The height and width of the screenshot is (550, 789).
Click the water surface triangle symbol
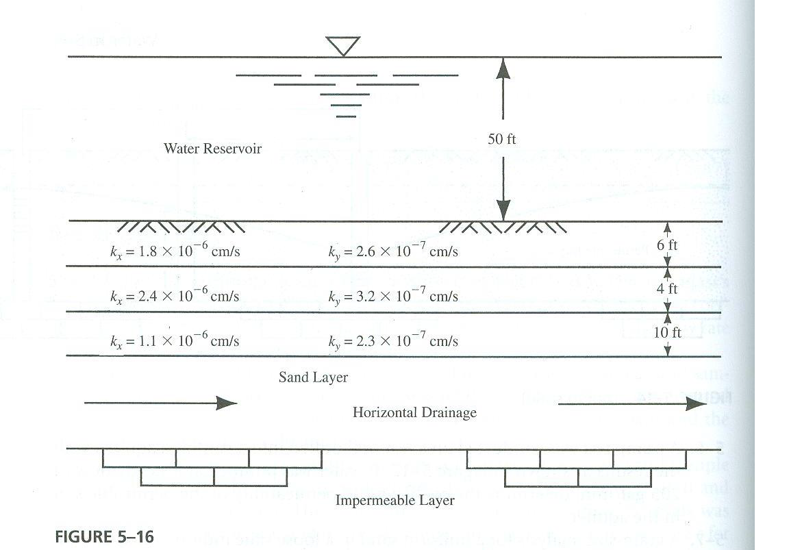coord(342,45)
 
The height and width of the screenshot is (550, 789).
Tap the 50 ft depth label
coord(502,139)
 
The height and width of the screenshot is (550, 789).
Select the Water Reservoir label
coord(212,149)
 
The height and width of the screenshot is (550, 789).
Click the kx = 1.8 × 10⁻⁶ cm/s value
coord(175,251)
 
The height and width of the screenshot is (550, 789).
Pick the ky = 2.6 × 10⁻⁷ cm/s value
coord(393,251)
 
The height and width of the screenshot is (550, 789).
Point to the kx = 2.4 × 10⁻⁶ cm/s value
coord(175,296)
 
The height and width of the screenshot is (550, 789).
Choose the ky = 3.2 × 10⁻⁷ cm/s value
coord(393,296)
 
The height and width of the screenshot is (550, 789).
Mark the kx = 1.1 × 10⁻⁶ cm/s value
coord(175,340)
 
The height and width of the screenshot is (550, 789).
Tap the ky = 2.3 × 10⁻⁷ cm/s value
coord(393,340)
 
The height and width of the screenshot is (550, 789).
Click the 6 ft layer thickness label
coord(667,245)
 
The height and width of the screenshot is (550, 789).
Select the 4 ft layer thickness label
coord(667,289)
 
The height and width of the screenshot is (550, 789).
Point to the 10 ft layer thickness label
coord(667,334)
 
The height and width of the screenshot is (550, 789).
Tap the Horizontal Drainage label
coord(414,412)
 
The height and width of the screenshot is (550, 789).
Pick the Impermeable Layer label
coord(394,501)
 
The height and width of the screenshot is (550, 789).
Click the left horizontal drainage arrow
coord(160,403)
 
